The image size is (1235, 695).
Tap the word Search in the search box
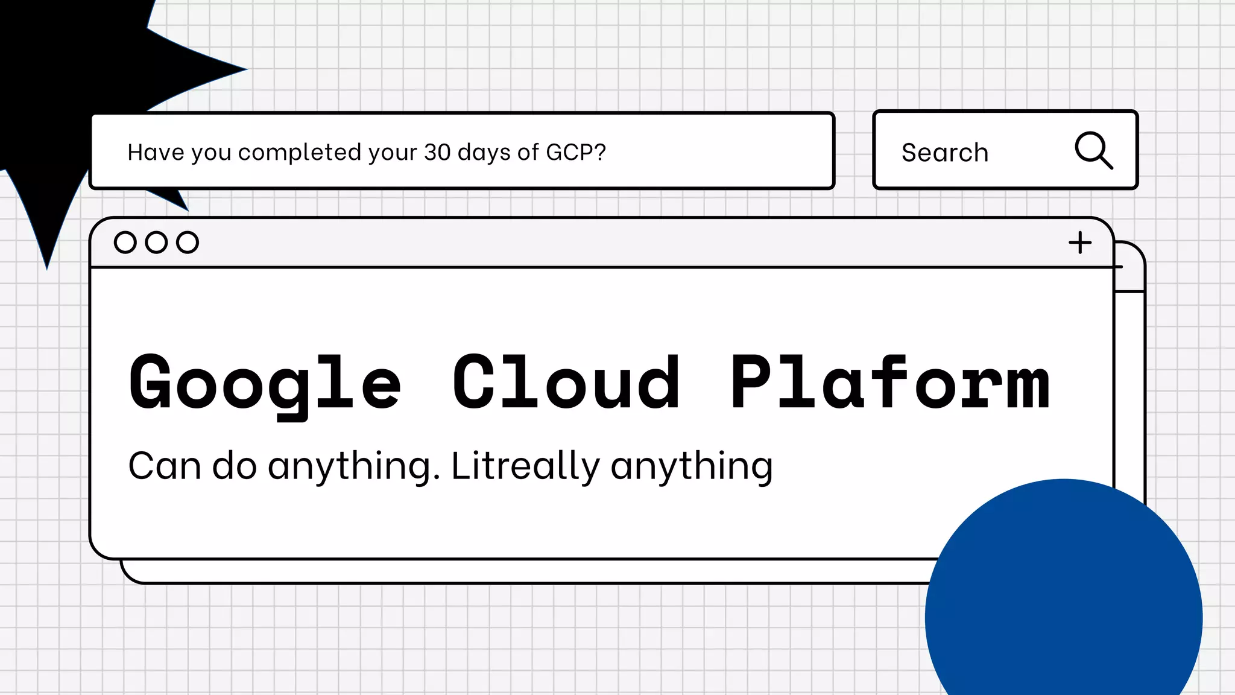pyautogui.click(x=945, y=153)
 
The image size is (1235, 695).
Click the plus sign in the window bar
pyautogui.click(x=1080, y=243)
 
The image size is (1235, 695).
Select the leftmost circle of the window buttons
pyautogui.click(x=125, y=242)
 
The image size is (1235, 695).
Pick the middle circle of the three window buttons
pyautogui.click(x=156, y=242)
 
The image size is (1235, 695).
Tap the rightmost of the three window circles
pyautogui.click(x=188, y=242)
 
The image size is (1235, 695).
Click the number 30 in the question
pyautogui.click(x=437, y=152)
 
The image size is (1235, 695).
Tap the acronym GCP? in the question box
pyautogui.click(x=575, y=152)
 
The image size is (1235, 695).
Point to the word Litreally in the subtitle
pyautogui.click(x=525, y=466)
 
